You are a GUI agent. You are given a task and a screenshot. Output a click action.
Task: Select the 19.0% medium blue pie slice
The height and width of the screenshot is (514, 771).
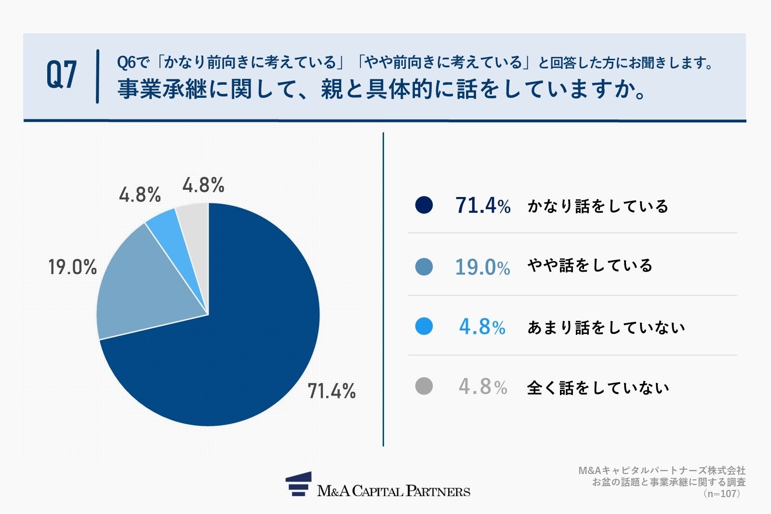[145, 289]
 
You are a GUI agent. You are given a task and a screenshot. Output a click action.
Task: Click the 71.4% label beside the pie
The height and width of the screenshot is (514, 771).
[332, 391]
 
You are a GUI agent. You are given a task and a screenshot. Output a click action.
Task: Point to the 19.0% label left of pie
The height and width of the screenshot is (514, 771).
[72, 267]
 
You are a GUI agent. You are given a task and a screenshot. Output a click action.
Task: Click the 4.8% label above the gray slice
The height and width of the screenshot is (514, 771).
[203, 185]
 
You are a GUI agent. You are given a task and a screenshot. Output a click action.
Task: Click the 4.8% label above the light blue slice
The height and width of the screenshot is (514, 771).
[140, 195]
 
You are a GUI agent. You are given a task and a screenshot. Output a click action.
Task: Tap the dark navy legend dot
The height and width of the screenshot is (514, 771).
[424, 205]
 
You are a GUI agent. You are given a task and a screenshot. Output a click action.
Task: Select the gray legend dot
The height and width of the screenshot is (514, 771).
[424, 386]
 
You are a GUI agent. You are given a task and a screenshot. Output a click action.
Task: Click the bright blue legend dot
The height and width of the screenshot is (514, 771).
[424, 327]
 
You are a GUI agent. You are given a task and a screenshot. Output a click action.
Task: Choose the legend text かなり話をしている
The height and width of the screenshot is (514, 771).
[598, 206]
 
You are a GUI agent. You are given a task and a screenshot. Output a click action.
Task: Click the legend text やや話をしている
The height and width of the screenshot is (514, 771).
[590, 265]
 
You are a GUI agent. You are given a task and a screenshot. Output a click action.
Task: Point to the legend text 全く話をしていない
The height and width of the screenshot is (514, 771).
[598, 388]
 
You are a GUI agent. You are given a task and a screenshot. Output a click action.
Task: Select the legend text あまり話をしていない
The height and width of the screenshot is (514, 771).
[606, 328]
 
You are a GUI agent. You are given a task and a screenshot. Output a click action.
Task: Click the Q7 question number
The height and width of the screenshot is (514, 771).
[61, 75]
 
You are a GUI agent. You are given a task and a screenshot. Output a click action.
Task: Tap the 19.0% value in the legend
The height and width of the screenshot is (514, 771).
[482, 267]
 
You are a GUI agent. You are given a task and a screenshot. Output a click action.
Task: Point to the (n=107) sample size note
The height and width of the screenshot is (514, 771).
[721, 494]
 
